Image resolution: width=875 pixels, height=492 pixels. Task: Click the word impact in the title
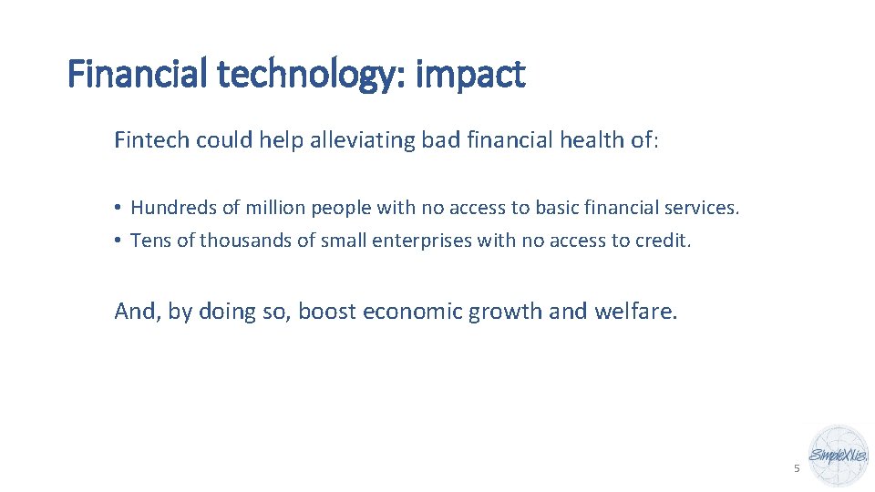click(469, 75)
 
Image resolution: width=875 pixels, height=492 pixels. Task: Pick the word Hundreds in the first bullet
click(174, 208)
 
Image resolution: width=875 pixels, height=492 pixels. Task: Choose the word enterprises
click(419, 241)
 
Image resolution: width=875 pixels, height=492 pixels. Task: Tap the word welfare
click(635, 312)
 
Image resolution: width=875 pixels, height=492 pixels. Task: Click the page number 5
click(797, 468)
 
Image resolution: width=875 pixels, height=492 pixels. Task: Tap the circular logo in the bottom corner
click(839, 455)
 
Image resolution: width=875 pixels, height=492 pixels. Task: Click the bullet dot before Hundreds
click(118, 208)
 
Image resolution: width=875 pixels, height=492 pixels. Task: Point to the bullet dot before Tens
click(118, 241)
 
